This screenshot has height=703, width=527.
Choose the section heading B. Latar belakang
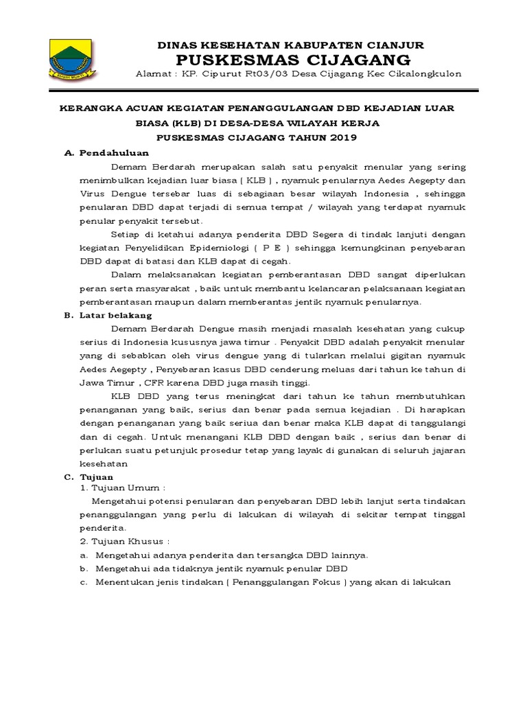click(x=108, y=315)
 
